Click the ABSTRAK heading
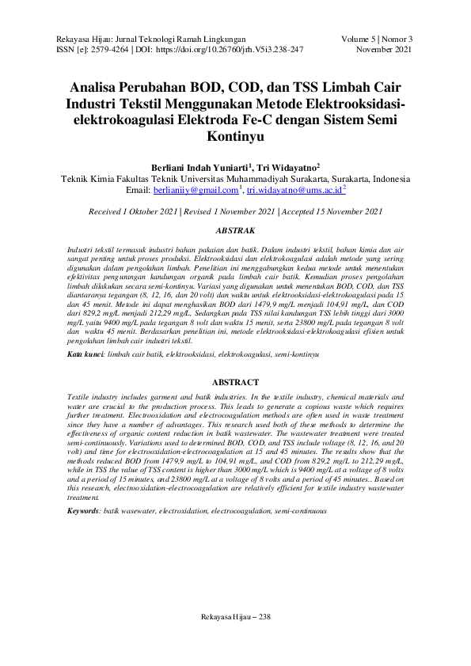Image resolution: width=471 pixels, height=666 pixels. [x=235, y=229]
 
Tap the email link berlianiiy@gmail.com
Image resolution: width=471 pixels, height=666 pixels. [x=196, y=191]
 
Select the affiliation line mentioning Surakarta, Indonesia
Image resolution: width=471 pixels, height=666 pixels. [x=235, y=180]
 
